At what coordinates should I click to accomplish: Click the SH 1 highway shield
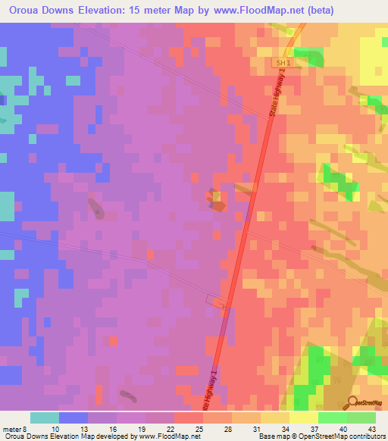click(283, 63)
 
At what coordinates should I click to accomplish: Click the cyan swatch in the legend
click(45, 418)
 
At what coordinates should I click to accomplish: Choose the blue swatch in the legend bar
click(74, 418)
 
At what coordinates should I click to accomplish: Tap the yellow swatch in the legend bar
click(304, 418)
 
